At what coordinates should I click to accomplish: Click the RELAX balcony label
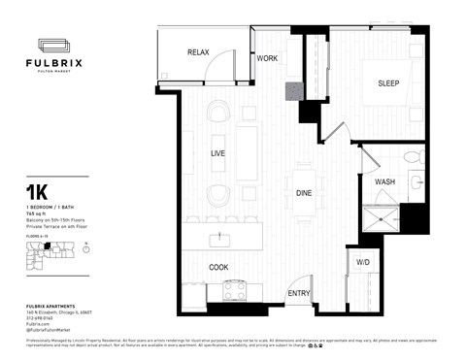point(199,51)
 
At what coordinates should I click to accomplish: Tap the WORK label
point(267,59)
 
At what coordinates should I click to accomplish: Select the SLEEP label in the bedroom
point(388,83)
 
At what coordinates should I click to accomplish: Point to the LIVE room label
point(219,153)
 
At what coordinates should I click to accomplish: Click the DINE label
point(304,192)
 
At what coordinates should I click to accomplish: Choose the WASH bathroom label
point(384,181)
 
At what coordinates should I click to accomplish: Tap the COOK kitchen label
point(218,266)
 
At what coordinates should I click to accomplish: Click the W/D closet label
point(362,263)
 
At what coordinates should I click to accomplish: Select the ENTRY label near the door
point(299,293)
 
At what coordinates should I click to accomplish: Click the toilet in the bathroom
point(411,157)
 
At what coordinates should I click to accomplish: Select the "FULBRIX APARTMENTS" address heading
point(50,306)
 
